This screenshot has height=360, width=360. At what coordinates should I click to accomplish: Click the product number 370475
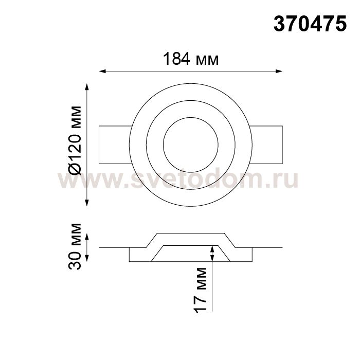pos(310,24)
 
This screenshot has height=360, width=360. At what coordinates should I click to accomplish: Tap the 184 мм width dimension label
pos(191,59)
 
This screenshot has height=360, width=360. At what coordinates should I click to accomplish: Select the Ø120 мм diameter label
pos(75,140)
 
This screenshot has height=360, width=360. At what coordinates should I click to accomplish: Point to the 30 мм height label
pos(75,246)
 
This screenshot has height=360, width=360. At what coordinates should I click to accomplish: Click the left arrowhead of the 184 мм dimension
pos(102,71)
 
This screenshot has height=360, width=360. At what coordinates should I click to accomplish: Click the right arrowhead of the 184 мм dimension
pos(279,71)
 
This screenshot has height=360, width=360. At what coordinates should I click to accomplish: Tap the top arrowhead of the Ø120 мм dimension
pos(87,87)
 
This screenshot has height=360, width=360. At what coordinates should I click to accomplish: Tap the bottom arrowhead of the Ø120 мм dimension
pos(87,203)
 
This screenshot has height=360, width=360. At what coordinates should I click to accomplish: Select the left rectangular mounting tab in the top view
pos(115,145)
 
